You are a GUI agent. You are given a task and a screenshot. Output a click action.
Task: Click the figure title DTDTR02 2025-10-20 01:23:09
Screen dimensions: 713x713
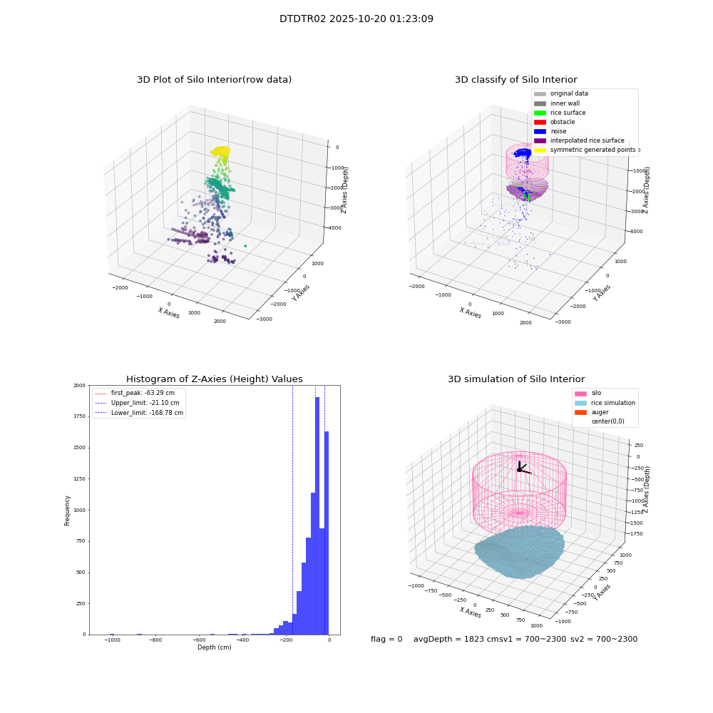pyautogui.click(x=356, y=19)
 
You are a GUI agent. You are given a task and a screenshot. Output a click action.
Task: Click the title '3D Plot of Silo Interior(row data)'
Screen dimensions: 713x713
pyautogui.click(x=214, y=80)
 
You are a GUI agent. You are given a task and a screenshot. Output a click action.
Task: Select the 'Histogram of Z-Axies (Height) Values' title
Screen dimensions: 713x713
pyautogui.click(x=214, y=379)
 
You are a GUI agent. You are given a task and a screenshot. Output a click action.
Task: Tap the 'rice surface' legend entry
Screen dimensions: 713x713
pyautogui.click(x=559, y=113)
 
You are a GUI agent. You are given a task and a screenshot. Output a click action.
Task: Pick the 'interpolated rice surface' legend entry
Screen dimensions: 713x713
pyautogui.click(x=579, y=140)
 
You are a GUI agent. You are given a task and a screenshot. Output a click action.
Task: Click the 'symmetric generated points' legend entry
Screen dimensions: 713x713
pyautogui.click(x=585, y=150)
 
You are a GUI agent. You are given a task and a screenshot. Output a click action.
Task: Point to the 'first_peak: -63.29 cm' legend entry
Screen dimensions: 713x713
pyautogui.click(x=135, y=393)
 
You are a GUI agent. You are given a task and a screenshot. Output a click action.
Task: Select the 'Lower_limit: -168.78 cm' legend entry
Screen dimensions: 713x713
pyautogui.click(x=139, y=413)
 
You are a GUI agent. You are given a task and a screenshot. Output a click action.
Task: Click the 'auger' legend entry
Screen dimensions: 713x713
pyautogui.click(x=592, y=412)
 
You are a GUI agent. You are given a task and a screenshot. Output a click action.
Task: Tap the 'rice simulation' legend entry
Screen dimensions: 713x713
pyautogui.click(x=605, y=403)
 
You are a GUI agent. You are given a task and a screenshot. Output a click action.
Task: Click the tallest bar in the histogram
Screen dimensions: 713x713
pyautogui.click(x=317, y=515)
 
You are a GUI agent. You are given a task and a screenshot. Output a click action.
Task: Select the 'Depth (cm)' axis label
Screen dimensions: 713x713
pyautogui.click(x=214, y=647)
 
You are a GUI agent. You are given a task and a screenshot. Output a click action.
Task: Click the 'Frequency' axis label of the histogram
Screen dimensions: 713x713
pyautogui.click(x=67, y=511)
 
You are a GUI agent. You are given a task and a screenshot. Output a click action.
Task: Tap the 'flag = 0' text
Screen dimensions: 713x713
pyautogui.click(x=386, y=639)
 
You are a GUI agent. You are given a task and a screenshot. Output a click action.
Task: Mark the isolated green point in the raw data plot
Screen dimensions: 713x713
pyautogui.click(x=245, y=246)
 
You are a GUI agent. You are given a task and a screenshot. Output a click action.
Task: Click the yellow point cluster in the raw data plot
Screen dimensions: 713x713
pyautogui.click(x=220, y=151)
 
